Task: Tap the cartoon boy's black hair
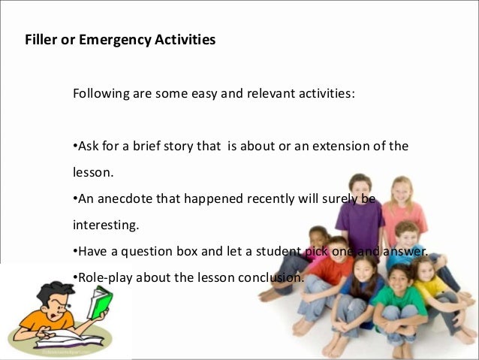click(x=45, y=289)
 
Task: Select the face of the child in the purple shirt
click(x=360, y=186)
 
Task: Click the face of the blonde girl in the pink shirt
click(x=402, y=189)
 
